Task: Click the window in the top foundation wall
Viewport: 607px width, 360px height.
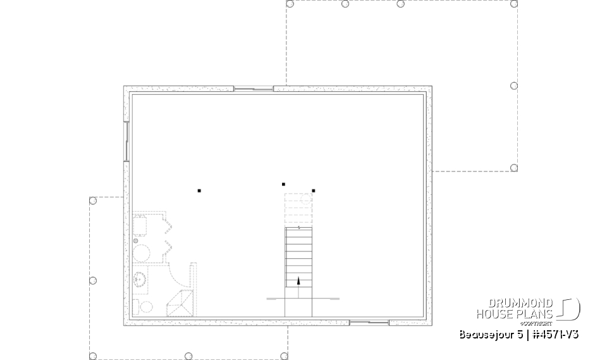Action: click(254, 89)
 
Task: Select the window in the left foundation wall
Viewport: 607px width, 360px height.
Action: click(126, 140)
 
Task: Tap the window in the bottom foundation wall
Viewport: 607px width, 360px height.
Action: click(369, 323)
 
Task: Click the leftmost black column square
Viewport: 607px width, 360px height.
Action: click(199, 190)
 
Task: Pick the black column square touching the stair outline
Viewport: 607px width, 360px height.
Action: click(313, 190)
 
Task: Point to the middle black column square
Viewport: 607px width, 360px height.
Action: click(283, 184)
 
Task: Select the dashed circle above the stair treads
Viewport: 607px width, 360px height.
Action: click(306, 199)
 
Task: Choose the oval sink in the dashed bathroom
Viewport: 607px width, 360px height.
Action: click(140, 279)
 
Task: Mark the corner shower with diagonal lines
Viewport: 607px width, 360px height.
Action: click(180, 303)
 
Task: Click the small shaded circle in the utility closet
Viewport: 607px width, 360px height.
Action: click(135, 240)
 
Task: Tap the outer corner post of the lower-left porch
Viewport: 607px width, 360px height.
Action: click(93, 356)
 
